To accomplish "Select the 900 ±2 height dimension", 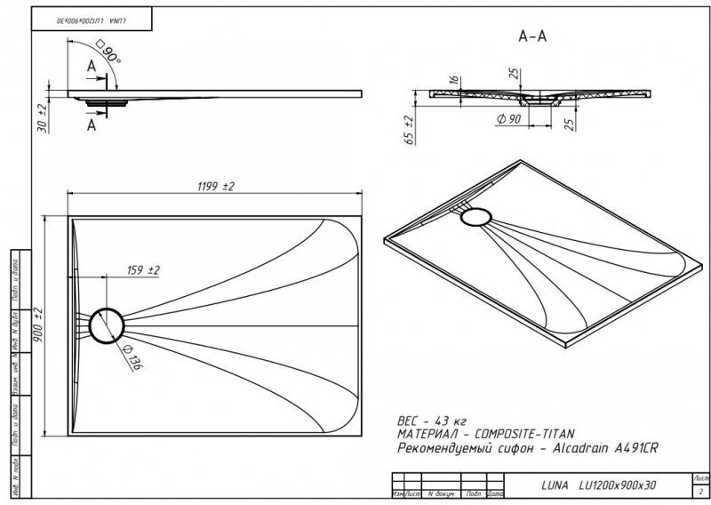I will tap(38, 325).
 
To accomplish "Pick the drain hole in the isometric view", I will tap(478, 216).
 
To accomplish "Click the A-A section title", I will tap(531, 36).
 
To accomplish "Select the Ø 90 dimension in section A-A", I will tap(509, 119).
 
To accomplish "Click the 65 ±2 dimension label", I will tap(408, 130).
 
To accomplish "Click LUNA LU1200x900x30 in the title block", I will tap(597, 485).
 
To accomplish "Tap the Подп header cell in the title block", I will tap(475, 493).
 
